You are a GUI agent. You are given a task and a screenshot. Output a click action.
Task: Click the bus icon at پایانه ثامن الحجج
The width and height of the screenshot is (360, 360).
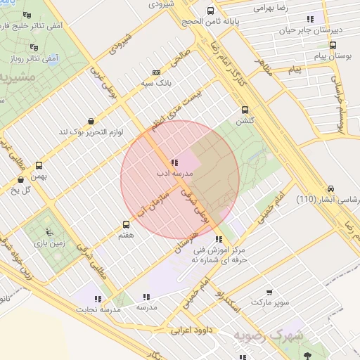[211, 11]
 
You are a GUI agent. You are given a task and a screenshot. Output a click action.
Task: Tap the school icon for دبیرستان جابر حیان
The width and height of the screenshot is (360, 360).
[311, 19]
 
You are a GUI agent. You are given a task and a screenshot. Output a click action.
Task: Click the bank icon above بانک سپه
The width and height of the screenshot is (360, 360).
[155, 72]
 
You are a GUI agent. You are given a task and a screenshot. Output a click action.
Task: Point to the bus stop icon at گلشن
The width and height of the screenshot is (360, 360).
[245, 109]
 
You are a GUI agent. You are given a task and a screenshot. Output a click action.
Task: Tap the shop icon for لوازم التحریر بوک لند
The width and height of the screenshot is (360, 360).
[90, 121]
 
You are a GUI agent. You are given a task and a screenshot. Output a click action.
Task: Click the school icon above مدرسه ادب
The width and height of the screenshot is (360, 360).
[174, 162]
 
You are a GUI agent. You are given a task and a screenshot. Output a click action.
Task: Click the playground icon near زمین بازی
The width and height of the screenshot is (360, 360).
[48, 231]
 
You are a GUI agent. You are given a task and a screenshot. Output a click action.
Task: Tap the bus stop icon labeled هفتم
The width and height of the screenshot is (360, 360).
[127, 225]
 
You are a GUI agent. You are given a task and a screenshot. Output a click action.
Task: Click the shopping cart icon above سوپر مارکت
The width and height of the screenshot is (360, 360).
[270, 292]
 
